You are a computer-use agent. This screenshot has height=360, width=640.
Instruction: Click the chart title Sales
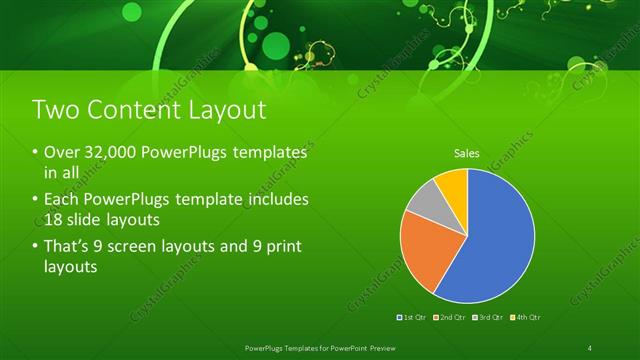point(467,153)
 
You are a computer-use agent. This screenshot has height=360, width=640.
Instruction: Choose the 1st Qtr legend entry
point(413,317)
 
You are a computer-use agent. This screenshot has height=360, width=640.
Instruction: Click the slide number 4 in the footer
point(591,347)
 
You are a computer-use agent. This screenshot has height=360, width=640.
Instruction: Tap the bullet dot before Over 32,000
point(36,154)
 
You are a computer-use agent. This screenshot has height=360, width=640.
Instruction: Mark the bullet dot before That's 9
point(36,247)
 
